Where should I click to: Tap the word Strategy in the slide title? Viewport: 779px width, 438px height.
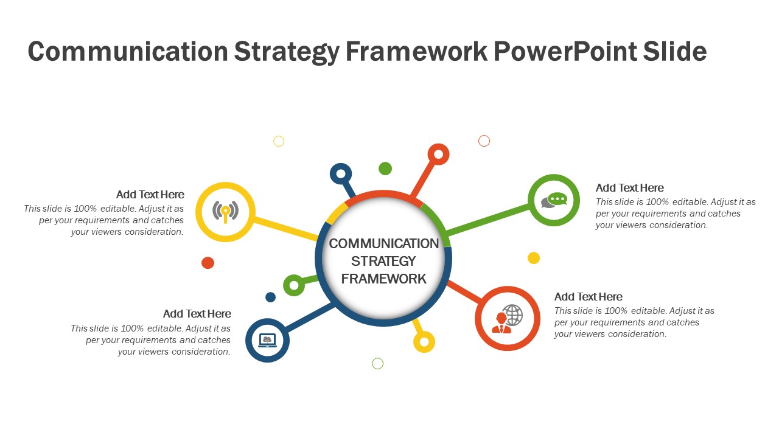point(287,52)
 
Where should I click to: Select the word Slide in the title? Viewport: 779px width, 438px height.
point(674,52)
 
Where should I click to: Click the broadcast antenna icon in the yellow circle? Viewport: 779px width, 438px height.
point(225,212)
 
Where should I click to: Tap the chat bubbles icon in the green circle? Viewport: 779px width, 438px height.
point(554,200)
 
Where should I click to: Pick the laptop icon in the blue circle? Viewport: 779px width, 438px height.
point(267,340)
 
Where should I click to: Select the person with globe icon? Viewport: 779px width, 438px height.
point(507,318)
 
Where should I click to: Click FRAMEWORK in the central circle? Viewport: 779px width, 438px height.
point(383,279)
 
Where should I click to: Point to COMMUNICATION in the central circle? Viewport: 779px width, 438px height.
point(383,244)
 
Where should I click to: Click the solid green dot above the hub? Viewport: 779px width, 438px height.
point(385,169)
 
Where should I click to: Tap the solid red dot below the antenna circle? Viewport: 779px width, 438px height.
point(208,263)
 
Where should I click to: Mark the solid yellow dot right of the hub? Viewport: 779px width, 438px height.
point(534,258)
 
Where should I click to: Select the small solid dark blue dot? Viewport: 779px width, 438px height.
point(270,297)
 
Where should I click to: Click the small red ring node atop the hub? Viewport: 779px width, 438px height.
point(438,155)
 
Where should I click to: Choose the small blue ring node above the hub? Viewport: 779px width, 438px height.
point(341,174)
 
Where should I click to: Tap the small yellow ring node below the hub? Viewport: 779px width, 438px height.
point(424,342)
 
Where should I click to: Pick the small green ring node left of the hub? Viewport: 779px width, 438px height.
point(294,285)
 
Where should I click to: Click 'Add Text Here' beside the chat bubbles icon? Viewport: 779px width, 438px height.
point(629,188)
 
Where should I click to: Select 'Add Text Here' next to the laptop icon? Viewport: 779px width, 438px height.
point(197,314)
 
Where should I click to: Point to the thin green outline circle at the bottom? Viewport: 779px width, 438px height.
point(377,364)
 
